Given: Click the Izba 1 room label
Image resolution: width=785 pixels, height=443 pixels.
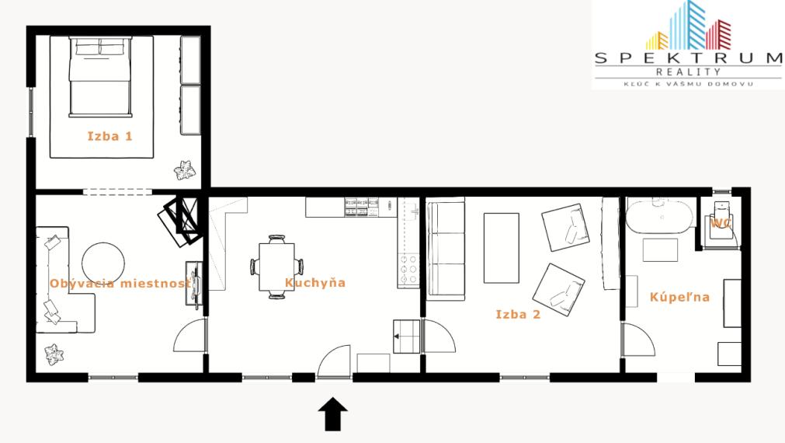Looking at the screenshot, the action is (109, 136).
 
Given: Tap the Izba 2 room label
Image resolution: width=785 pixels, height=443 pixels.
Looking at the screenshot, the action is (518, 314).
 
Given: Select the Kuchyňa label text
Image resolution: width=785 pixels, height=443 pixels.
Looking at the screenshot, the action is (315, 283).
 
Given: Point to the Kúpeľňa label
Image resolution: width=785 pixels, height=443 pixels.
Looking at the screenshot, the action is (680, 297).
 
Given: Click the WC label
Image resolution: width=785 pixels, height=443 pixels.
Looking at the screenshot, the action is (721, 223).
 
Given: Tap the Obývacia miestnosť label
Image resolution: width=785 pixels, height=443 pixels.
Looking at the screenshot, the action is (120, 283).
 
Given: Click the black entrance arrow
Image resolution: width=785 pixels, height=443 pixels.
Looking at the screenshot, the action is (333, 414).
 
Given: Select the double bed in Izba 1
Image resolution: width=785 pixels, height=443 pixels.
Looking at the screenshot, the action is (101, 77).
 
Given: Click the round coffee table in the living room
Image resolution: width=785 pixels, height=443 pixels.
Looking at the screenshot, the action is (103, 264).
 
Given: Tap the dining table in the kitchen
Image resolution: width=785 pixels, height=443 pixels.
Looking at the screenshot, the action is (276, 267).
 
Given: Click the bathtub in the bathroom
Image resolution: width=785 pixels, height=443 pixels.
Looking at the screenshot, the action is (660, 217).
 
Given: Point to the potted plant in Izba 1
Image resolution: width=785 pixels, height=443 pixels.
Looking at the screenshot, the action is (184, 170).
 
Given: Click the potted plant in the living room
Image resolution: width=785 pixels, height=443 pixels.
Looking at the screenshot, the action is (54, 354).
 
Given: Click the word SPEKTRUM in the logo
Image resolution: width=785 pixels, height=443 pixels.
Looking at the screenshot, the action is (688, 58).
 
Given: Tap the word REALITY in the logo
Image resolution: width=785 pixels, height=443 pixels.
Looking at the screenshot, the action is (689, 72).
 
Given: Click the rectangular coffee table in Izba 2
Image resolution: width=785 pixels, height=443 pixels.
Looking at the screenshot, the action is (501, 248).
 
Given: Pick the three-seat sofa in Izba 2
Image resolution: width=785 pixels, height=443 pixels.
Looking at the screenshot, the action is (445, 249).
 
